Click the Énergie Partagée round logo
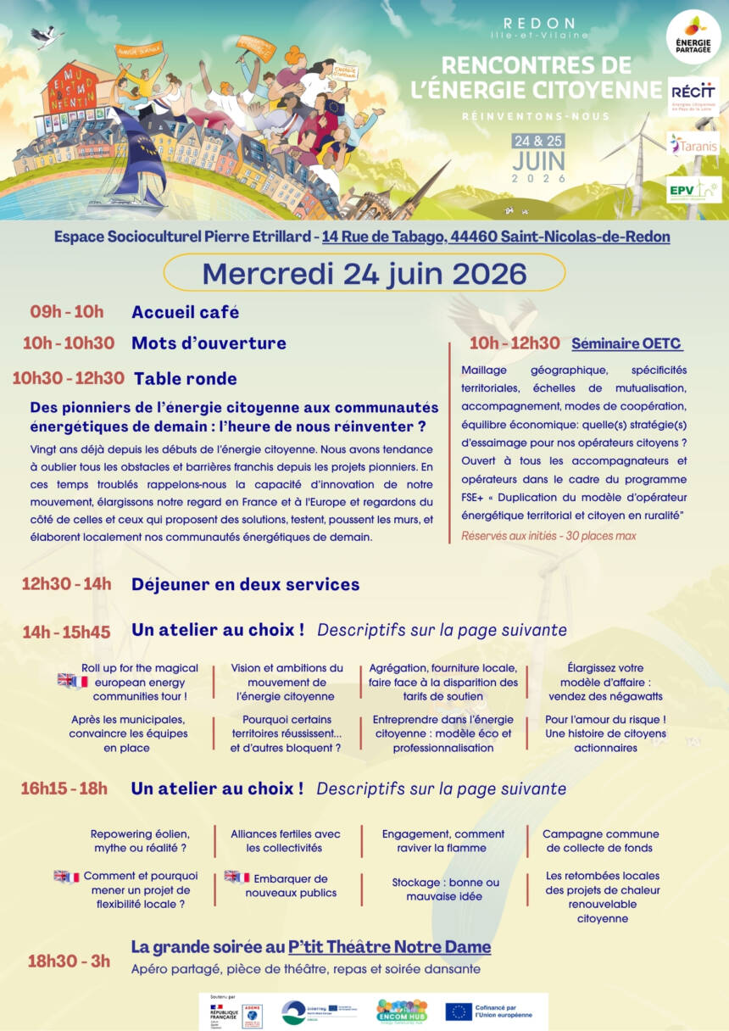(694, 37)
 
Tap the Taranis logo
(693, 145)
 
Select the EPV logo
(693, 190)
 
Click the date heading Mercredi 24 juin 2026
(364, 273)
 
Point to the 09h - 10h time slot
(67, 311)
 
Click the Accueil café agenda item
(185, 312)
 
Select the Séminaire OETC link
(626, 343)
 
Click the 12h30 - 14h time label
(67, 583)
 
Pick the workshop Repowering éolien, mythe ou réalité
(140, 840)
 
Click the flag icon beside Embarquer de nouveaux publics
(237, 877)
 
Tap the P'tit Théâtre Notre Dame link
(389, 946)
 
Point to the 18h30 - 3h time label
(69, 961)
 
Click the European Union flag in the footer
(459, 1011)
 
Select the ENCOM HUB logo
(401, 1011)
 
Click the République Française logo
(224, 1012)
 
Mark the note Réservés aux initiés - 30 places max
(548, 536)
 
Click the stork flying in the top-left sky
(47, 36)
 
